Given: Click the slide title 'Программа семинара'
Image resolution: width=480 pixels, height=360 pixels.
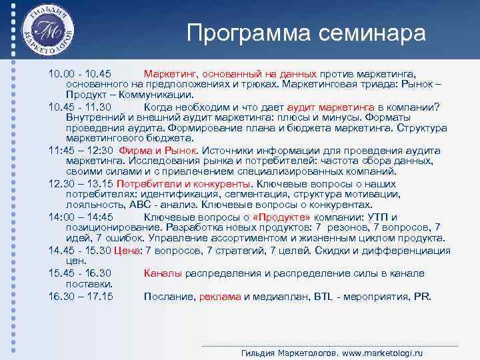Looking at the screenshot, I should point(305,33).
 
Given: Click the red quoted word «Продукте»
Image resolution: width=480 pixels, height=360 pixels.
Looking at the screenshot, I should point(285,217).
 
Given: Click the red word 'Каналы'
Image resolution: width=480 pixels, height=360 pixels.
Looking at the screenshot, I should point(163,273).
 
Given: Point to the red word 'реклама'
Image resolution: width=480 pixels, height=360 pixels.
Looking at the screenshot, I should point(220,296).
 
